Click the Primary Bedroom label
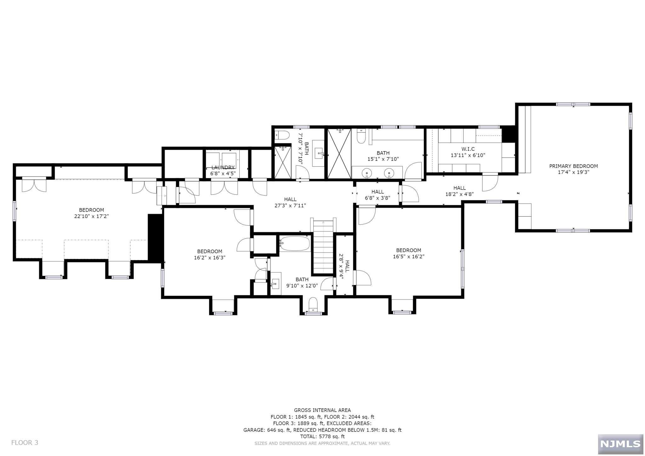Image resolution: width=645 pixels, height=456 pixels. click(573, 166)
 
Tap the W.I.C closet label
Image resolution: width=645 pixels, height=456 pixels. click(468, 149)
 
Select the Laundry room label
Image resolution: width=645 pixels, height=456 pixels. click(223, 168)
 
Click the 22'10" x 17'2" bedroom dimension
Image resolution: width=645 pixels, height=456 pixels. click(91, 216)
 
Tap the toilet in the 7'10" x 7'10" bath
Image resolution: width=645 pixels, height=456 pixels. click(282, 135)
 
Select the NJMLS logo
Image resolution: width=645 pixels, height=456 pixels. click(620, 444)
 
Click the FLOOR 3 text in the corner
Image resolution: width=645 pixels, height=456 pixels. click(25, 443)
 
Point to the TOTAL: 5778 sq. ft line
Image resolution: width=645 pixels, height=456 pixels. click(322, 436)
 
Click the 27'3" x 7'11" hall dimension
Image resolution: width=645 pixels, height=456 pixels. click(290, 206)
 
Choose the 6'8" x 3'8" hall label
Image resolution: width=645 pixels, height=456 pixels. click(377, 198)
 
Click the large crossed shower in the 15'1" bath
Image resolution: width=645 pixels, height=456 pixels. click(339, 154)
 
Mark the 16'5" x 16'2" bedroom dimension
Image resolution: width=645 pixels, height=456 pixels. click(408, 257)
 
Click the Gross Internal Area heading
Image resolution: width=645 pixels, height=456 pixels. click(322, 410)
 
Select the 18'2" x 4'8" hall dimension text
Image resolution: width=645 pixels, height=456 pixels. click(459, 194)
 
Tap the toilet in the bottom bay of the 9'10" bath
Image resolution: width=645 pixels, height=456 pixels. click(313, 304)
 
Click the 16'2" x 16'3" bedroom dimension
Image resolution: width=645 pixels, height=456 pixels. click(209, 258)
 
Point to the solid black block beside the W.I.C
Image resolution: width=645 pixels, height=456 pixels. click(508, 134)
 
